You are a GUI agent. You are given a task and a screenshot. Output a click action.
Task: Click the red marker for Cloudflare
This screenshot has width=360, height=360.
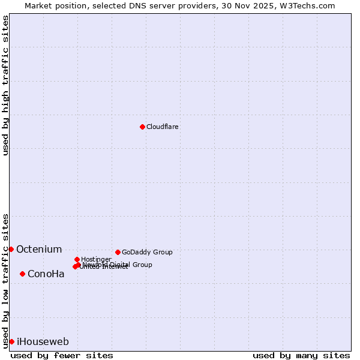pyautogui.click(x=142, y=127)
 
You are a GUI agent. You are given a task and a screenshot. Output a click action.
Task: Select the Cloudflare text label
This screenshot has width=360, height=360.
pyautogui.click(x=163, y=127)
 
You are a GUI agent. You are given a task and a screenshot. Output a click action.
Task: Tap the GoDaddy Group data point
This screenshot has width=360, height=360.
pyautogui.click(x=118, y=252)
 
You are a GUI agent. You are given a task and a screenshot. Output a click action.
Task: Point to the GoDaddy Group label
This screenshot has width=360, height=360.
pyautogui.click(x=147, y=253)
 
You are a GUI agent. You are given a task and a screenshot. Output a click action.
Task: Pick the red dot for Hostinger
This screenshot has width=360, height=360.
pyautogui.click(x=77, y=259)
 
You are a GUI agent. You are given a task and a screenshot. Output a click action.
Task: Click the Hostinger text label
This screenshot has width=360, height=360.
pyautogui.click(x=96, y=259)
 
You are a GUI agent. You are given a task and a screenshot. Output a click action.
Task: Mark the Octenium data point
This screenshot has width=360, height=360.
pyautogui.click(x=11, y=249)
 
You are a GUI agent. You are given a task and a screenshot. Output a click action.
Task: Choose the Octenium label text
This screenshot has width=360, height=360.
pyautogui.click(x=39, y=250)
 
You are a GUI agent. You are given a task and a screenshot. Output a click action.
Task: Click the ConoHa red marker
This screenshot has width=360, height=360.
pyautogui.click(x=22, y=274)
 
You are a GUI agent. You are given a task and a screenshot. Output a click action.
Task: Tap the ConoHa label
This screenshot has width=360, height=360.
pyautogui.click(x=46, y=274)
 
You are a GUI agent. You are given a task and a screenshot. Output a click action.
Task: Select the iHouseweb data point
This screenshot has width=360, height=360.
pyautogui.click(x=11, y=341)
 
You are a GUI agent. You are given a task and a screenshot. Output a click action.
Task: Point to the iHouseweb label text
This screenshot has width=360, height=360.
pyautogui.click(x=43, y=342)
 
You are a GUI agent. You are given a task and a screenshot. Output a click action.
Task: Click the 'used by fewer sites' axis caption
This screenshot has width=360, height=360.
pyautogui.click(x=62, y=355)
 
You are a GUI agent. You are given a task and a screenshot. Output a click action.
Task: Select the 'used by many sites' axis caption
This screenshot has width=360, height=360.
pyautogui.click(x=301, y=355)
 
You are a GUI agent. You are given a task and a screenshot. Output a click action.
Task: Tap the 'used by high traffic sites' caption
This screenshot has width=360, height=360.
pyautogui.click(x=6, y=85)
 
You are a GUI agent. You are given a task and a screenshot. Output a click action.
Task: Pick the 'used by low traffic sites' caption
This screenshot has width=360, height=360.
pyautogui.click(x=6, y=281)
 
